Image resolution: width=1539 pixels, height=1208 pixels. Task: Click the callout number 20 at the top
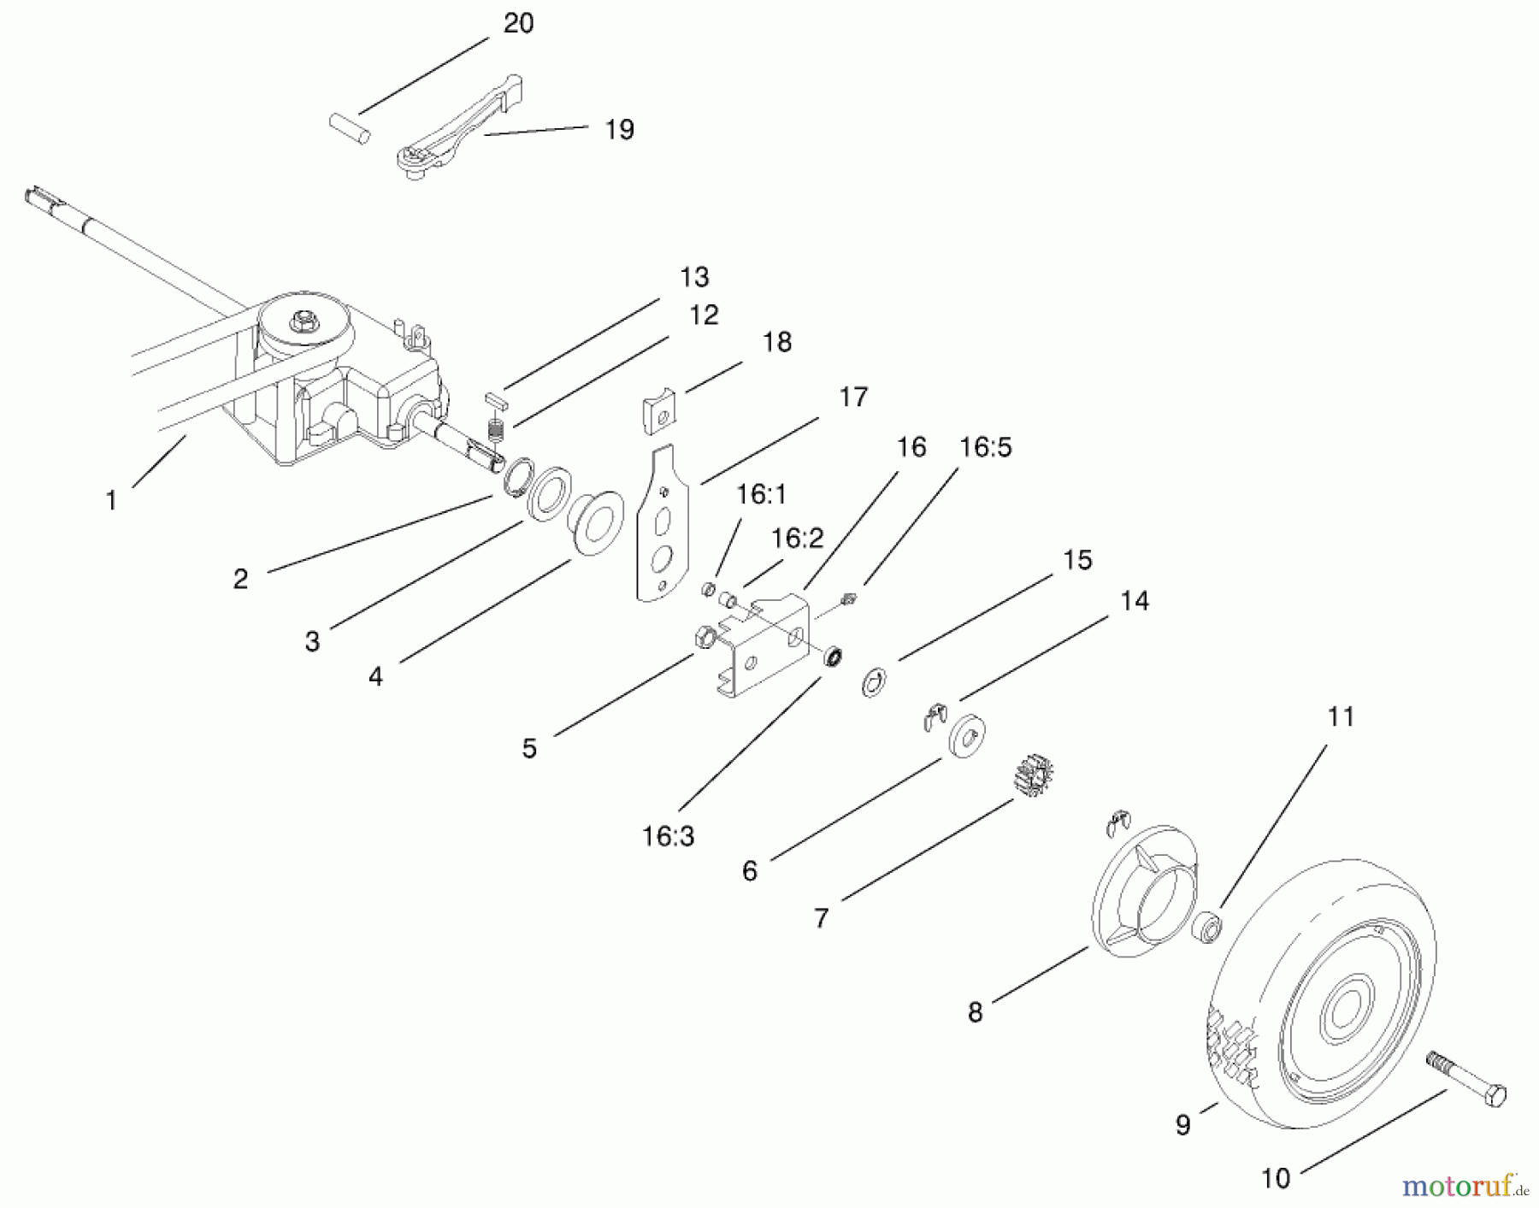pos(518,24)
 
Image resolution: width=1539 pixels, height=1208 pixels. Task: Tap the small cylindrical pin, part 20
pos(350,128)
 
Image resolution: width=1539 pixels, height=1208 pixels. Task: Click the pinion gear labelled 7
pos(1033,775)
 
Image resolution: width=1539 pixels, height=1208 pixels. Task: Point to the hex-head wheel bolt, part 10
pos(1465,1081)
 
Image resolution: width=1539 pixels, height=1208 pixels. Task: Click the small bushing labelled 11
pos(1206,928)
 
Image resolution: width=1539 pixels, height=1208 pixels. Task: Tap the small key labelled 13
pos(497,398)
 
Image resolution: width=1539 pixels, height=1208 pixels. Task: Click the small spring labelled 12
pos(495,428)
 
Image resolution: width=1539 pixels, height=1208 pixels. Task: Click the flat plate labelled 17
pos(662,522)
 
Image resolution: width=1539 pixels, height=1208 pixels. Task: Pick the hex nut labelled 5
pos(705,637)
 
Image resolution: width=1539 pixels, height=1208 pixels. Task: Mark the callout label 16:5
pos(985,447)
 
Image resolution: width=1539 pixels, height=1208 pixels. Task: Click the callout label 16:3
pos(668,836)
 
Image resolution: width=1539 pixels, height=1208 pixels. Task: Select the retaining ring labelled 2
pos(518,477)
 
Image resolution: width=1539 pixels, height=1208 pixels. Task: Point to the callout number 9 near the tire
pos(1182,1125)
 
